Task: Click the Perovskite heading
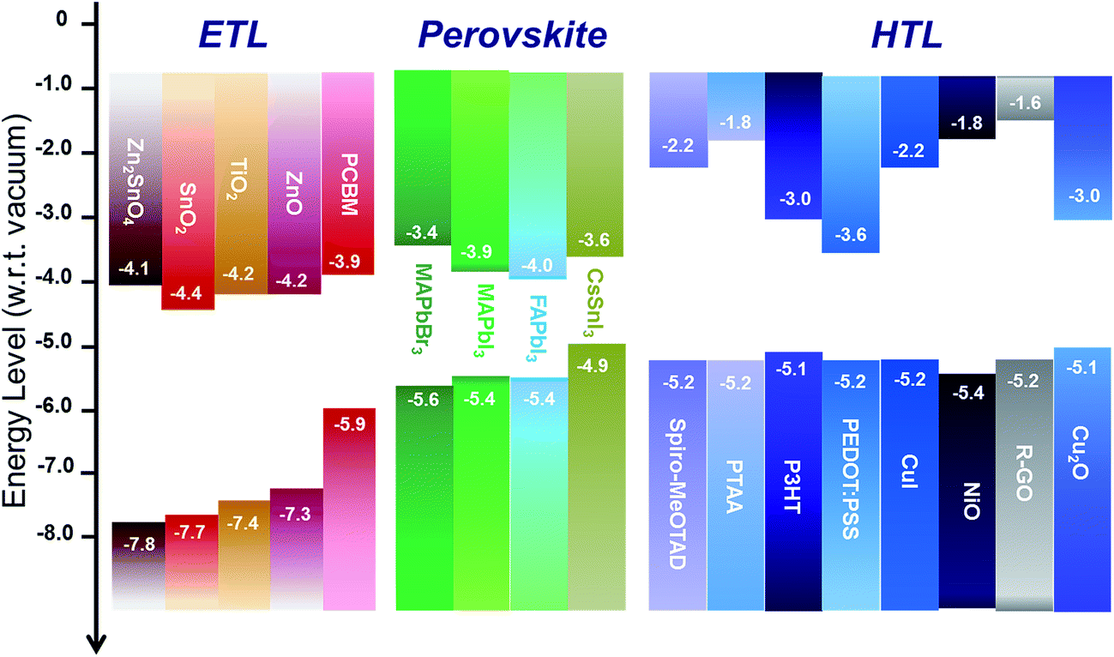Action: click(513, 35)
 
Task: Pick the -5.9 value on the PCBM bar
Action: click(347, 422)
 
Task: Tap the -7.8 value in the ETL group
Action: click(137, 545)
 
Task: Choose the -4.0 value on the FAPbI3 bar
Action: click(538, 264)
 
